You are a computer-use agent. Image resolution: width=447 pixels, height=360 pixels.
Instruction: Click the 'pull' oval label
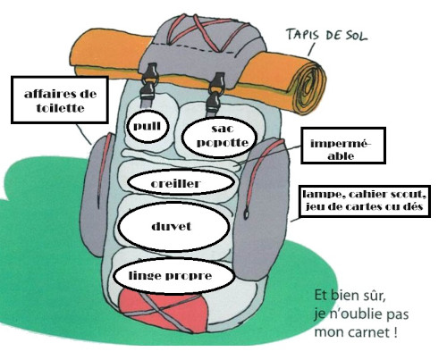coord(148,127)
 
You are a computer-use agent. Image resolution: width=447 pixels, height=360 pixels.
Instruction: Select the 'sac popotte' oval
coord(219,137)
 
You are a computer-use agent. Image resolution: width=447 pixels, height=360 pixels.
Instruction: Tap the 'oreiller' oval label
coord(181,182)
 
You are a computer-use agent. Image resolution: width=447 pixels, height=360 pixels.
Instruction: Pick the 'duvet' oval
coord(174,227)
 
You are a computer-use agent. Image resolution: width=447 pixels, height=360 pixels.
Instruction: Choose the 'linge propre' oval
coord(173,275)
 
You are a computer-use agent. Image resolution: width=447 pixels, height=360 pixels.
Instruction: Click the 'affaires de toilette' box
coord(60,100)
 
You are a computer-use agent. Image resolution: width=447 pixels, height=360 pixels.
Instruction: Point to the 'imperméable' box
coord(343,146)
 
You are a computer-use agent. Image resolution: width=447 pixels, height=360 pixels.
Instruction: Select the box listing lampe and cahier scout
coord(364,201)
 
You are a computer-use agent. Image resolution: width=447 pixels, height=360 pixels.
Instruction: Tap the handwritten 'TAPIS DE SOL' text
coord(326,35)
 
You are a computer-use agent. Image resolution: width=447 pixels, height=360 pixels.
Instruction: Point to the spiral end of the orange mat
coord(310,81)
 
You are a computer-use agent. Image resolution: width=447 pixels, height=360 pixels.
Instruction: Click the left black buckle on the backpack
coord(148,81)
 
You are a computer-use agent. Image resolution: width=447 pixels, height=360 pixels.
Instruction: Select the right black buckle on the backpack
coord(215,91)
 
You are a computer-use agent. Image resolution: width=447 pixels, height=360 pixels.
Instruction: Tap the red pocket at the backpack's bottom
coord(164,310)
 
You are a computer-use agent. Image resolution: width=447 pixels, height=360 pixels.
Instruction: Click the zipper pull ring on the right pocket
coord(247,213)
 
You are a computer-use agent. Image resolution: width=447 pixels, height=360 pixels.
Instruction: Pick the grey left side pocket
coord(96,194)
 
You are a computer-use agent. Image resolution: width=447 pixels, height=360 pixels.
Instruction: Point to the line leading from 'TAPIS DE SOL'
coord(311,49)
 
